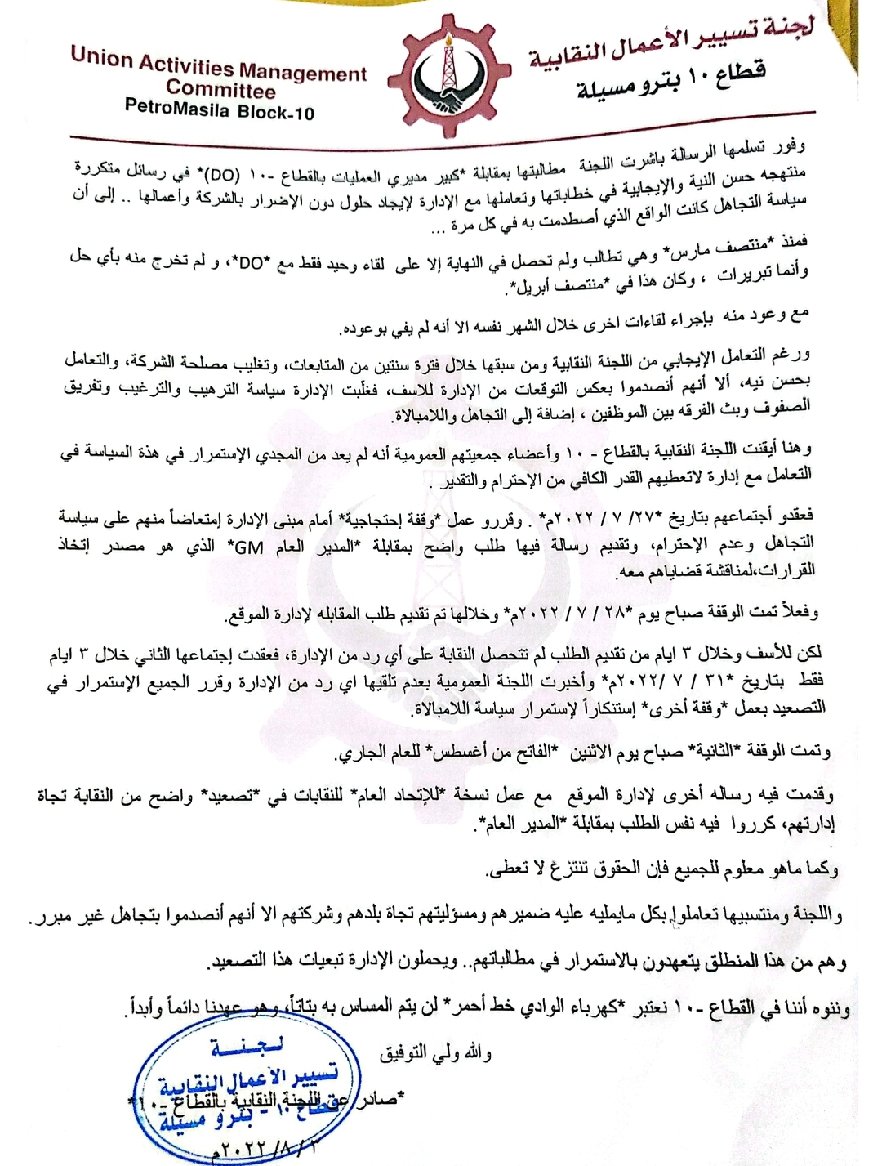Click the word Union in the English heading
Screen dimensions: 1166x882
coord(100,56)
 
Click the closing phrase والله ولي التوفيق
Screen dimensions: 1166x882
coord(434,1053)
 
